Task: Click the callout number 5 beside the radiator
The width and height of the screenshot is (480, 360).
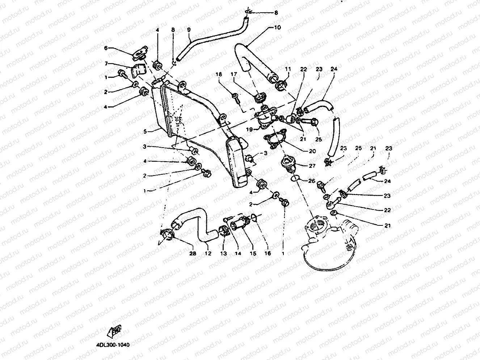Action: pos(145,132)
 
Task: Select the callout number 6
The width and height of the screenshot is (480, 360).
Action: pos(106,47)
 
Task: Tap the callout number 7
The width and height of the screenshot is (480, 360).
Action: pos(106,64)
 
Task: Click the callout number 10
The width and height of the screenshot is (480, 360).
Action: pos(277,27)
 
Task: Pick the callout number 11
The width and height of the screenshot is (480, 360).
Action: pos(288,68)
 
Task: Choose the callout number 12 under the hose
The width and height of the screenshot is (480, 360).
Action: pos(208,254)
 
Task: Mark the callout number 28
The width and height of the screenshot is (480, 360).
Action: pos(193,254)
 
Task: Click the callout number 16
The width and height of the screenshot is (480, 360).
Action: pos(268,254)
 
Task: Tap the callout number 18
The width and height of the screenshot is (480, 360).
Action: pos(219,74)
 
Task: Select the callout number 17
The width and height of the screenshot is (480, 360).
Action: pos(234,74)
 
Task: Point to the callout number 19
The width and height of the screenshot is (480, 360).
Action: pos(250,129)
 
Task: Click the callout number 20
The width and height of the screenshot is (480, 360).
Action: pos(312,151)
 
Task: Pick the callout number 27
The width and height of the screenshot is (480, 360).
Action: pos(312,166)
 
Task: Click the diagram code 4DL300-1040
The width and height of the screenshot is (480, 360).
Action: pos(113,345)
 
